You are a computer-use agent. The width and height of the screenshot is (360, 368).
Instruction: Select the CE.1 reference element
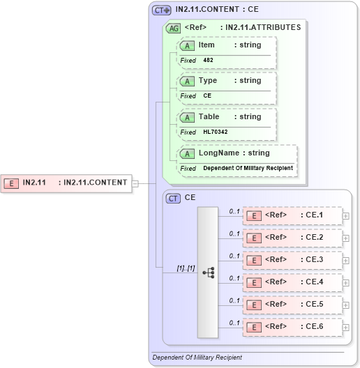pyautogui.click(x=292, y=215)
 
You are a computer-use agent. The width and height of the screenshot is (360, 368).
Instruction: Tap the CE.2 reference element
pyautogui.click(x=292, y=238)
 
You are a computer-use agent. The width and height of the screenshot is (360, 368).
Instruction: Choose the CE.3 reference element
pyautogui.click(x=292, y=260)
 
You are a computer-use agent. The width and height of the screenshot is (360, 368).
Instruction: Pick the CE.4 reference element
pyautogui.click(x=292, y=282)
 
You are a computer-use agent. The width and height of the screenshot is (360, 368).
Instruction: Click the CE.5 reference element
pyautogui.click(x=292, y=305)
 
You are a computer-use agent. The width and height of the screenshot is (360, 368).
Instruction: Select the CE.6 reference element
pyautogui.click(x=292, y=327)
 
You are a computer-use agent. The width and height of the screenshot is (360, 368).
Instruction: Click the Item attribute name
pyautogui.click(x=207, y=45)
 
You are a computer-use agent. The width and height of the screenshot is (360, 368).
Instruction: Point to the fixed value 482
pyautogui.click(x=209, y=61)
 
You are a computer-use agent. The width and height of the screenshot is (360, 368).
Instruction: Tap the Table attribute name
pyautogui.click(x=209, y=117)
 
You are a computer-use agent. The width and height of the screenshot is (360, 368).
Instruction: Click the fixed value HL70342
pyautogui.click(x=216, y=132)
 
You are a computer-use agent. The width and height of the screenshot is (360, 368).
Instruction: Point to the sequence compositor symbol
pyautogui.click(x=208, y=273)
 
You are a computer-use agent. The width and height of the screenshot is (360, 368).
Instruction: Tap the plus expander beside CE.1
pyautogui.click(x=346, y=216)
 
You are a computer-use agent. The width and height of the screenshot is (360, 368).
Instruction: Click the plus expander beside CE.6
pyautogui.click(x=346, y=328)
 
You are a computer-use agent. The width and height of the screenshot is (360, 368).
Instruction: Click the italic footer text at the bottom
pyautogui.click(x=197, y=358)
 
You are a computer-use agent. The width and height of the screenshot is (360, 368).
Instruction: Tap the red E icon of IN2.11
pyautogui.click(x=11, y=183)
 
